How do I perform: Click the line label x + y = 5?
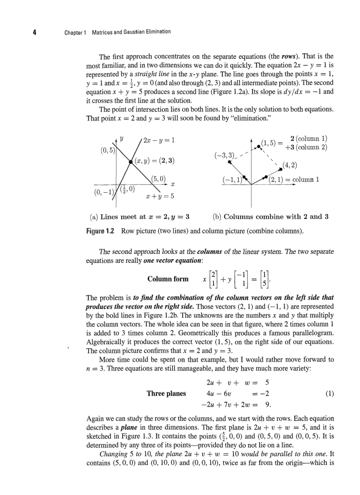160,196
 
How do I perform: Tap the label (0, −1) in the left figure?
103,192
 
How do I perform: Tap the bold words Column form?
168,279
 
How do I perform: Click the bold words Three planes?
166,393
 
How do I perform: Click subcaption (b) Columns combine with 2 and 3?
270,216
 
